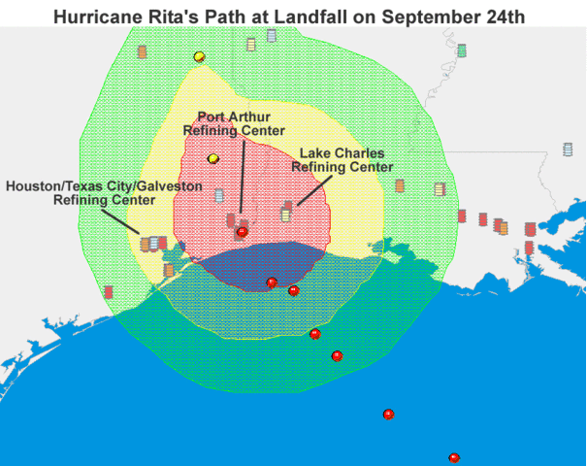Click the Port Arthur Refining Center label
(234, 124)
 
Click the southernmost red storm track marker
(453, 458)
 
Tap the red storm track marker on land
(242, 232)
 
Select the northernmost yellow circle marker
(199, 56)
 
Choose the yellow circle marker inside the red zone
(213, 159)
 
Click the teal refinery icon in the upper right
(461, 50)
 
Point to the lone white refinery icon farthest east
(568, 150)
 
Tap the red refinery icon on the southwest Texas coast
(109, 291)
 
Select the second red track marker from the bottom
(388, 415)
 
